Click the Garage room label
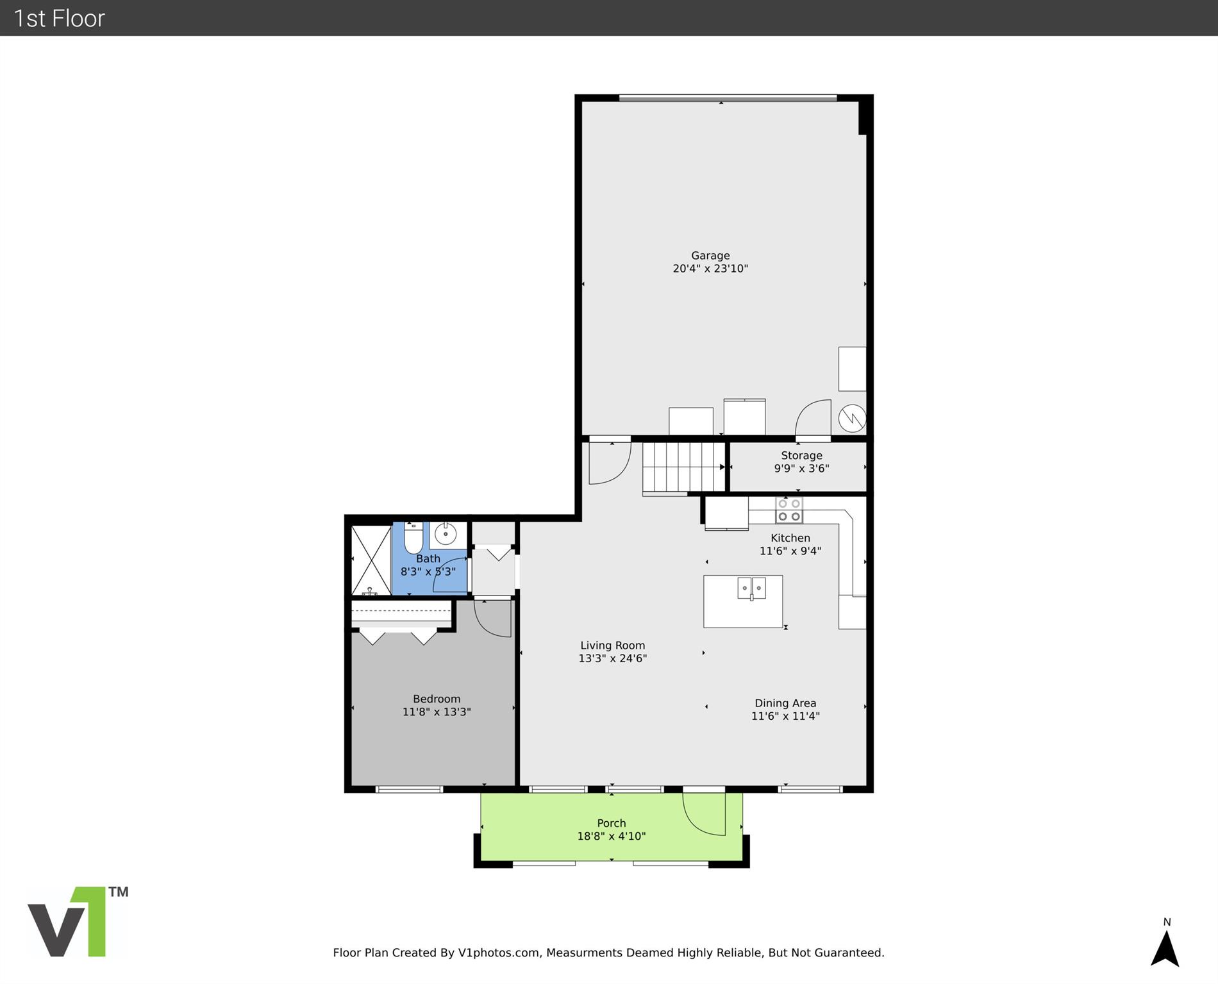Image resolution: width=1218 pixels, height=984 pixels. (x=710, y=255)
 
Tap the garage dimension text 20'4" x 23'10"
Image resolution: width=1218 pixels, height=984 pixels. (x=710, y=269)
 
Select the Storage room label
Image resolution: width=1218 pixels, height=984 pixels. (x=801, y=455)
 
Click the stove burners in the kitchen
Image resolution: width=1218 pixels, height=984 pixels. (x=789, y=510)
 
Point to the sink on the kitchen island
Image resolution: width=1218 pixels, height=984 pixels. (x=751, y=588)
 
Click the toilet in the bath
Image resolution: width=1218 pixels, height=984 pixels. (x=413, y=538)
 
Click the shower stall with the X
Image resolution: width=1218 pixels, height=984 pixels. (x=371, y=560)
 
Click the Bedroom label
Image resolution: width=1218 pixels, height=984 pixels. (x=437, y=699)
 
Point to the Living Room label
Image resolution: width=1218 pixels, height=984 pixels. (x=613, y=646)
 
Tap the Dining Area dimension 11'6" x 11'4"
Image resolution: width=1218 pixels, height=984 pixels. (x=785, y=716)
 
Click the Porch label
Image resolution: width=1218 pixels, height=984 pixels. (x=612, y=823)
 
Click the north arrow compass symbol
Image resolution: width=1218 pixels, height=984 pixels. (x=1165, y=947)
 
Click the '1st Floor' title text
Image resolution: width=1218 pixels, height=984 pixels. (x=59, y=18)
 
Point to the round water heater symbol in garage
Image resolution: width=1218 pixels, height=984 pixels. (x=853, y=419)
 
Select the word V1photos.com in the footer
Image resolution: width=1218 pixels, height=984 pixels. (x=499, y=953)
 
